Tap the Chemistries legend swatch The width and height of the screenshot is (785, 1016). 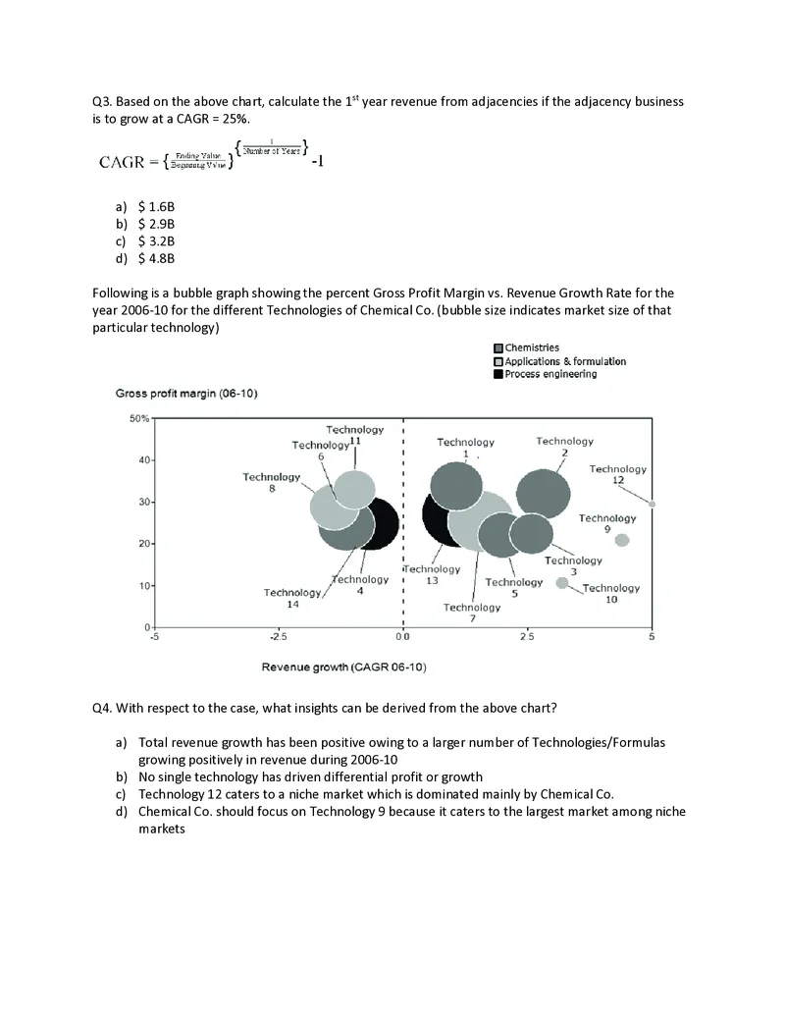pyautogui.click(x=498, y=348)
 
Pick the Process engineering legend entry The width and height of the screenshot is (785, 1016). pyautogui.click(x=550, y=374)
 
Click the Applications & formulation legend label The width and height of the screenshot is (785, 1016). pyautogui.click(x=565, y=361)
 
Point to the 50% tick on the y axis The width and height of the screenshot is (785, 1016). pyautogui.click(x=137, y=419)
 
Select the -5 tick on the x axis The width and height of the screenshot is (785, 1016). pyautogui.click(x=154, y=637)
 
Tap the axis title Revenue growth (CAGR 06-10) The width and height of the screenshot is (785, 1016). pyautogui.click(x=343, y=668)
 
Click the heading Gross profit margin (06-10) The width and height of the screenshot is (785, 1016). pyautogui.click(x=186, y=394)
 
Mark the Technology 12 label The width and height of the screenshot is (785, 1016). pyautogui.click(x=617, y=474)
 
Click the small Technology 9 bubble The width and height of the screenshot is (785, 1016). pyautogui.click(x=621, y=540)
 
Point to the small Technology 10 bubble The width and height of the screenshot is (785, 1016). pyautogui.click(x=562, y=583)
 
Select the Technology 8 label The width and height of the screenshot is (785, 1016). pyautogui.click(x=272, y=482)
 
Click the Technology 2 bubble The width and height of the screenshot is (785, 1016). pyautogui.click(x=543, y=494)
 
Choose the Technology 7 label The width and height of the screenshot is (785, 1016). pyautogui.click(x=471, y=613)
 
